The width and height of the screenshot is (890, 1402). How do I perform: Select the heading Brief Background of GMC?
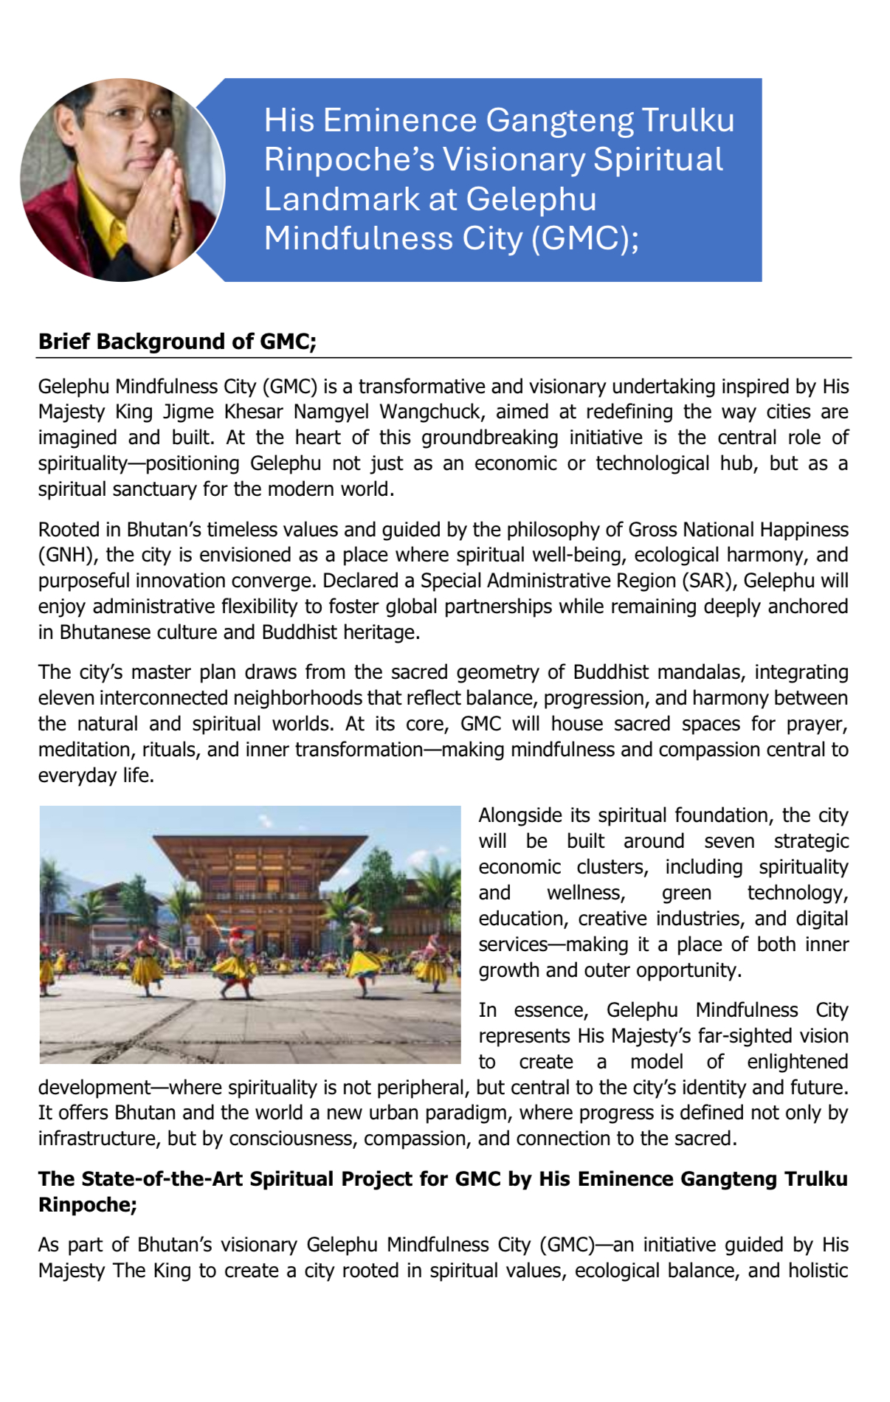pos(177,342)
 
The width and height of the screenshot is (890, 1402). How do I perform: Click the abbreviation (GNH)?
pos(65,555)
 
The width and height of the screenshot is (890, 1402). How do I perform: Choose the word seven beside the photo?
pos(728,841)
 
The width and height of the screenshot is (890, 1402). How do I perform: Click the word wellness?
pos(586,893)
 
